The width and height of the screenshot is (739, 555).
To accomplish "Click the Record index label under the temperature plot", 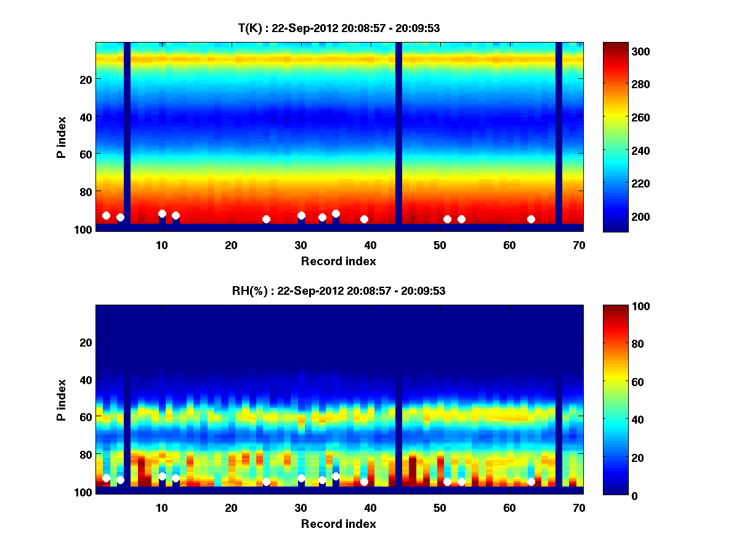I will [x=339, y=261].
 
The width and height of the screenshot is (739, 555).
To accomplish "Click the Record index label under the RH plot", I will [x=339, y=524].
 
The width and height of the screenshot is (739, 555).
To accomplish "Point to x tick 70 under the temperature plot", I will [x=579, y=245].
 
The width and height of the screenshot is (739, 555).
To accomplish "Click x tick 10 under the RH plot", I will [x=162, y=508].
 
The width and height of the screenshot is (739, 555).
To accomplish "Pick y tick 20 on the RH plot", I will [x=86, y=342].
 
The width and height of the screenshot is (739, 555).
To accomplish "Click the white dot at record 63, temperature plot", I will [x=531, y=219].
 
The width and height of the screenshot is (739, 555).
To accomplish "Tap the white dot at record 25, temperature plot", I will [x=266, y=219].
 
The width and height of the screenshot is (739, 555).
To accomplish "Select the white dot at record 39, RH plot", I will [x=364, y=482].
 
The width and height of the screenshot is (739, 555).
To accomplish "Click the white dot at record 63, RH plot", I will [x=531, y=482].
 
